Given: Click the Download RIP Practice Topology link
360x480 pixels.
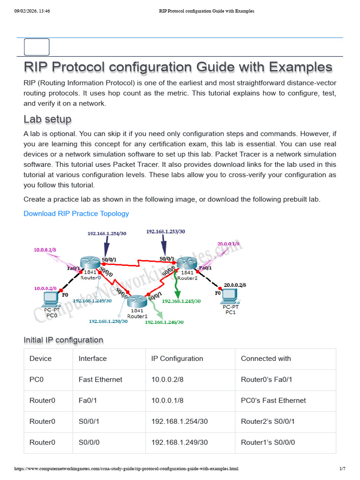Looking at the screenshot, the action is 76,213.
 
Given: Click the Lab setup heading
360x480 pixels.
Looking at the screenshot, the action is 47,119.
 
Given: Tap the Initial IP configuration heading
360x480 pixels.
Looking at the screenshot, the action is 63,340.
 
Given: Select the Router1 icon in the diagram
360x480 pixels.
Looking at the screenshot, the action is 137,301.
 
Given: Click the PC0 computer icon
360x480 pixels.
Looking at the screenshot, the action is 51,299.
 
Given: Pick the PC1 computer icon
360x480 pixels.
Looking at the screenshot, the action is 230,296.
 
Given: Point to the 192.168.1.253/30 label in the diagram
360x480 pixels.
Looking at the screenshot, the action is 165,232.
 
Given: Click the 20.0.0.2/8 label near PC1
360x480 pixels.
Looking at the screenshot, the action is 235,285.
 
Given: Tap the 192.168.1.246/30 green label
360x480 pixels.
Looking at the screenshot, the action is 164,322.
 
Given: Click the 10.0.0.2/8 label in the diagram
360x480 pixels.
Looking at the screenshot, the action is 45,288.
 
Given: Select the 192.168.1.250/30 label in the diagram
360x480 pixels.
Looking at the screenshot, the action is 108,322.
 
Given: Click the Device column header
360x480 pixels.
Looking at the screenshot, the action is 40,359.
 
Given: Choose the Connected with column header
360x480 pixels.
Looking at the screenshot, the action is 266,359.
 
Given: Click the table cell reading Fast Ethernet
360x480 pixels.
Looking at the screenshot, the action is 100,380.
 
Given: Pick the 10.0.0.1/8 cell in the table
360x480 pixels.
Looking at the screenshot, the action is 167,400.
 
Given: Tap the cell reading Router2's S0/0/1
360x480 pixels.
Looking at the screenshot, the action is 268,421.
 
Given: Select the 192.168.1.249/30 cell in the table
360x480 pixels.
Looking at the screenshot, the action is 180,442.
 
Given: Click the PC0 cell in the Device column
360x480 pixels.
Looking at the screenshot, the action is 37,380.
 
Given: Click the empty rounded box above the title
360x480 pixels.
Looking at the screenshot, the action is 37,47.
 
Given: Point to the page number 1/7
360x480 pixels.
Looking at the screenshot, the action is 343,468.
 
